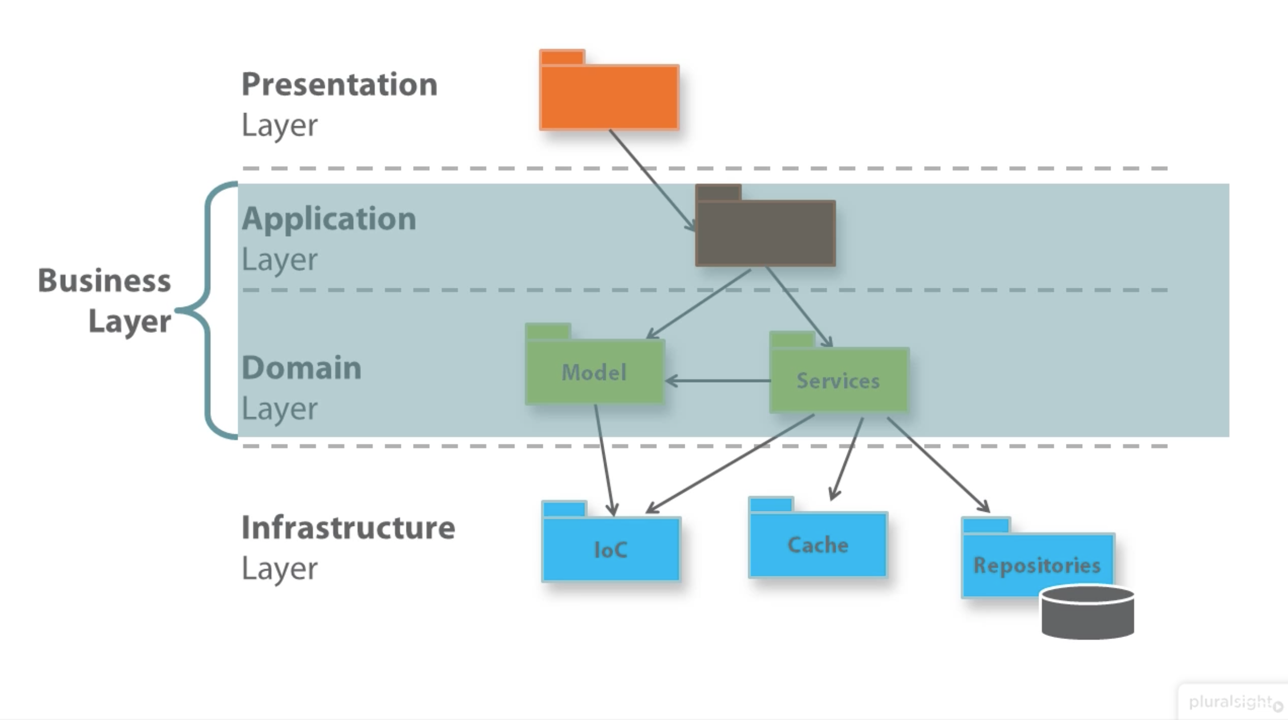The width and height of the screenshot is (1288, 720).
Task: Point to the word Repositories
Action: click(x=1036, y=565)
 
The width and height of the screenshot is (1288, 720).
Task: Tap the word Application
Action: click(x=329, y=219)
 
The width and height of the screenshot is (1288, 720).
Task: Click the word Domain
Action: click(x=302, y=367)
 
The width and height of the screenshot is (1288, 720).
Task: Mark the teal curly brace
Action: click(x=208, y=310)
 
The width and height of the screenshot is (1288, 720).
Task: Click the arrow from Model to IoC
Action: click(x=604, y=460)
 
